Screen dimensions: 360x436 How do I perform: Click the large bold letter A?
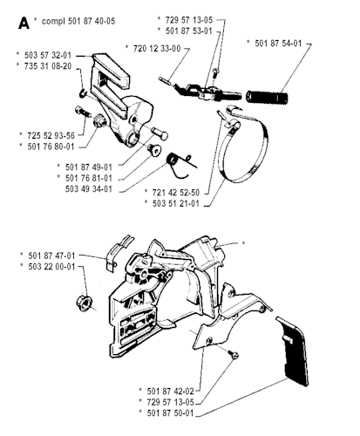tap(24, 23)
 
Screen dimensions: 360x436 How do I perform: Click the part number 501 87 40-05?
tap(92, 21)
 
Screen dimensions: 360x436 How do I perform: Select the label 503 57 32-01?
tap(48, 55)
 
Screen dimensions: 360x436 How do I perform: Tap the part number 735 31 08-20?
tap(48, 66)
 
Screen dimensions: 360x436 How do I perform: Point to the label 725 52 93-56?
tap(51, 135)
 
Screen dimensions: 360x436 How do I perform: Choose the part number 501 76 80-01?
tap(51, 146)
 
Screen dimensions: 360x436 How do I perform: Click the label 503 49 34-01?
tap(89, 189)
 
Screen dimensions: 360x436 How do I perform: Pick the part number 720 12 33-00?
tap(157, 48)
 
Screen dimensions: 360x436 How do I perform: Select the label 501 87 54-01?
tap(278, 44)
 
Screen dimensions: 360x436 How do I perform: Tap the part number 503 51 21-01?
tap(176, 203)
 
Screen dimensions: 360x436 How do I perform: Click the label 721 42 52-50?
tap(176, 193)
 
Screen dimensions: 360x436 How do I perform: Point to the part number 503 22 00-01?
tap(51, 267)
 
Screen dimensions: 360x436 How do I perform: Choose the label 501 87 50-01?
tap(170, 412)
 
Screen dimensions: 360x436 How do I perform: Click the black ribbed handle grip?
tap(268, 97)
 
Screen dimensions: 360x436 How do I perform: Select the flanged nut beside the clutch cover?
tap(84, 303)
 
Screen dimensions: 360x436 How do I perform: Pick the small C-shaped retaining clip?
tap(84, 94)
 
